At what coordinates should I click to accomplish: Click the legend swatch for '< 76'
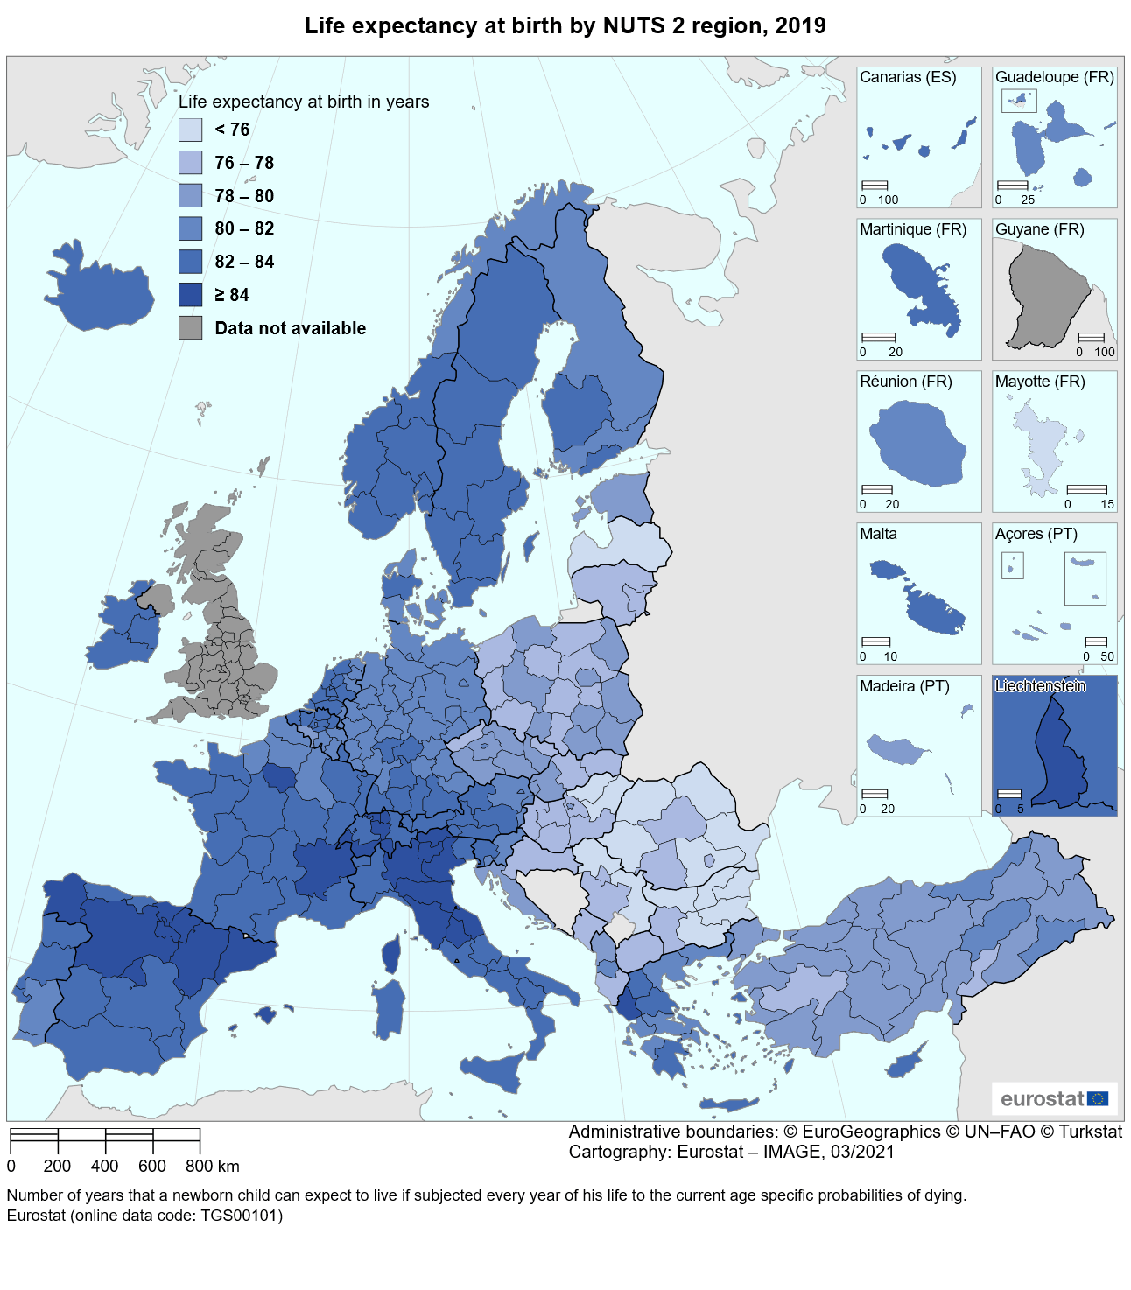coord(190,130)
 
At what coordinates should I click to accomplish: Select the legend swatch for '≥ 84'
coord(190,295)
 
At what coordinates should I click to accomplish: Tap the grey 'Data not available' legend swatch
coord(190,328)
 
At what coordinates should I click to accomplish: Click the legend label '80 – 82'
coord(244,228)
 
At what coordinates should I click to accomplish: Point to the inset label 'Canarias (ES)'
coord(908,77)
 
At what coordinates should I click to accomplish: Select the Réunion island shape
coord(918,444)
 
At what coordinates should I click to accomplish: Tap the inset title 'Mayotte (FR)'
coord(1040,382)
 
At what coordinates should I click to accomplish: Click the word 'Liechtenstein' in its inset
coord(1040,686)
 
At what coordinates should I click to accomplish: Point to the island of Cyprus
coord(905,1062)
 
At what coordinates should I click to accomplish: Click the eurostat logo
coord(1054,1098)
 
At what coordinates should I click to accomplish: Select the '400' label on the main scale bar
coord(104,1166)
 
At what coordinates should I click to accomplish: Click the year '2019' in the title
coord(800,25)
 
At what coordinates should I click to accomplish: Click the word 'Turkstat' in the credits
coord(1090,1132)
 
